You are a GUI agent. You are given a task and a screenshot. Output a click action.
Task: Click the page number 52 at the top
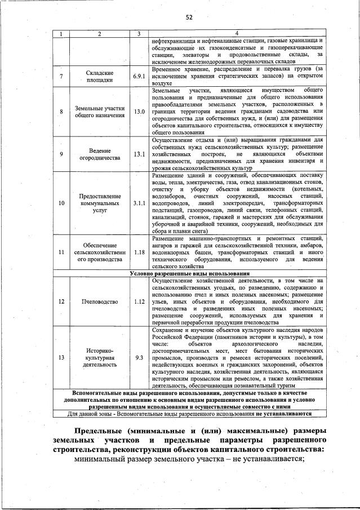tap(189, 17)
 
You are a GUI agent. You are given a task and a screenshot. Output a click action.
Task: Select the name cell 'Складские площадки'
tap(100, 76)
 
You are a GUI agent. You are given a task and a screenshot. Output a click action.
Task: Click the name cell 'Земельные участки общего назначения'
tap(100, 111)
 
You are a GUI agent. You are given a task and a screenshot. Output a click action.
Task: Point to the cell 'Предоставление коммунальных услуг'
tap(100, 203)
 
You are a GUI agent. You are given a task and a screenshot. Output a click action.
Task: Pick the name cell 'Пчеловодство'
tap(100, 301)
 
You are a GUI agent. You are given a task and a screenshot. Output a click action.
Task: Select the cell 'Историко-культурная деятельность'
tap(100, 357)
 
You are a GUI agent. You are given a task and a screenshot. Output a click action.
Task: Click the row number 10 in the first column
tap(61, 203)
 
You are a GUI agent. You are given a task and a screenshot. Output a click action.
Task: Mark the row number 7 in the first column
tap(61, 76)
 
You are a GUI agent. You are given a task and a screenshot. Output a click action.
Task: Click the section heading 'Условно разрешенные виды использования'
tap(189, 273)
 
